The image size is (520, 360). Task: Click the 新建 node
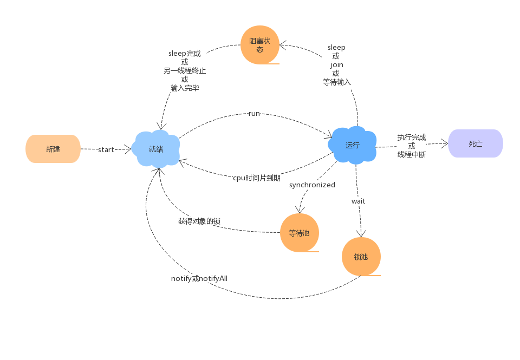point(53,149)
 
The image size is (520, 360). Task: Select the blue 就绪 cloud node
point(156,149)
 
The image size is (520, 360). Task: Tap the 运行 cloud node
point(352,145)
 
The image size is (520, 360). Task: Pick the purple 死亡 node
point(476,143)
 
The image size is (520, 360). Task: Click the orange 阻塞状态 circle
point(259,45)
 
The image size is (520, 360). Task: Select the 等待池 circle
point(299,233)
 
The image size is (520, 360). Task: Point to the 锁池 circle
point(361,257)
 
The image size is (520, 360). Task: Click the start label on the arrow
point(106,150)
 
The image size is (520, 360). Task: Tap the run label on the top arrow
point(254,113)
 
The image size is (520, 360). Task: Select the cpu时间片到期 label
point(257,178)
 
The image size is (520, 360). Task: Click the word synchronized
point(312,185)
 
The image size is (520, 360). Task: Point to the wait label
point(358,201)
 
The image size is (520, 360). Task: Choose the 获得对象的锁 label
point(199,221)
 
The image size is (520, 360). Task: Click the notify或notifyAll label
point(199,278)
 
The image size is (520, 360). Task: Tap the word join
point(336,64)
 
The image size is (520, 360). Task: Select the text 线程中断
point(412,154)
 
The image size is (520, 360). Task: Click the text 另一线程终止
point(185,70)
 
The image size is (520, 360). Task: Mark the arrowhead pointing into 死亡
point(445,143)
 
